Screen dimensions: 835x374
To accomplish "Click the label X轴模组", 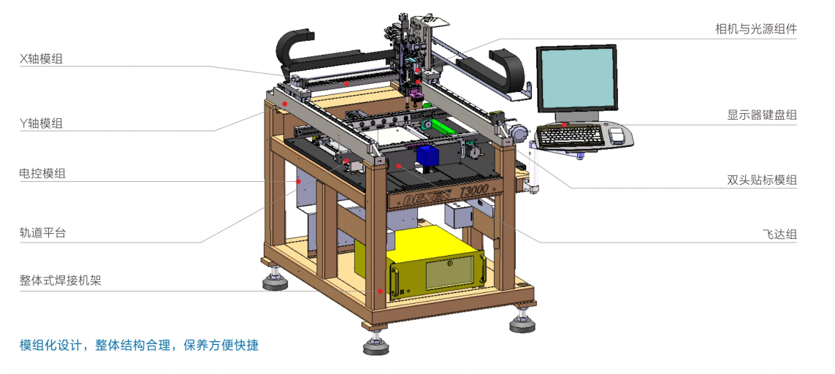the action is coord(41,59).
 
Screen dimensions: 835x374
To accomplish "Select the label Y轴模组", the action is coord(41,124).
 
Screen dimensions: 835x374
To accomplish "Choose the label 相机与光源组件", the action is coord(755,28).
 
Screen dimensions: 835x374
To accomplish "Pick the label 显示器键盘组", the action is coord(762,115).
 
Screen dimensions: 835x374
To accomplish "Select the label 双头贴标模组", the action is coord(762,180).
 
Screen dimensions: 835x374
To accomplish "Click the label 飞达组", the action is coord(779,234).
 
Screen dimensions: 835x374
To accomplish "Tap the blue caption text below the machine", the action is coord(139,345).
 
